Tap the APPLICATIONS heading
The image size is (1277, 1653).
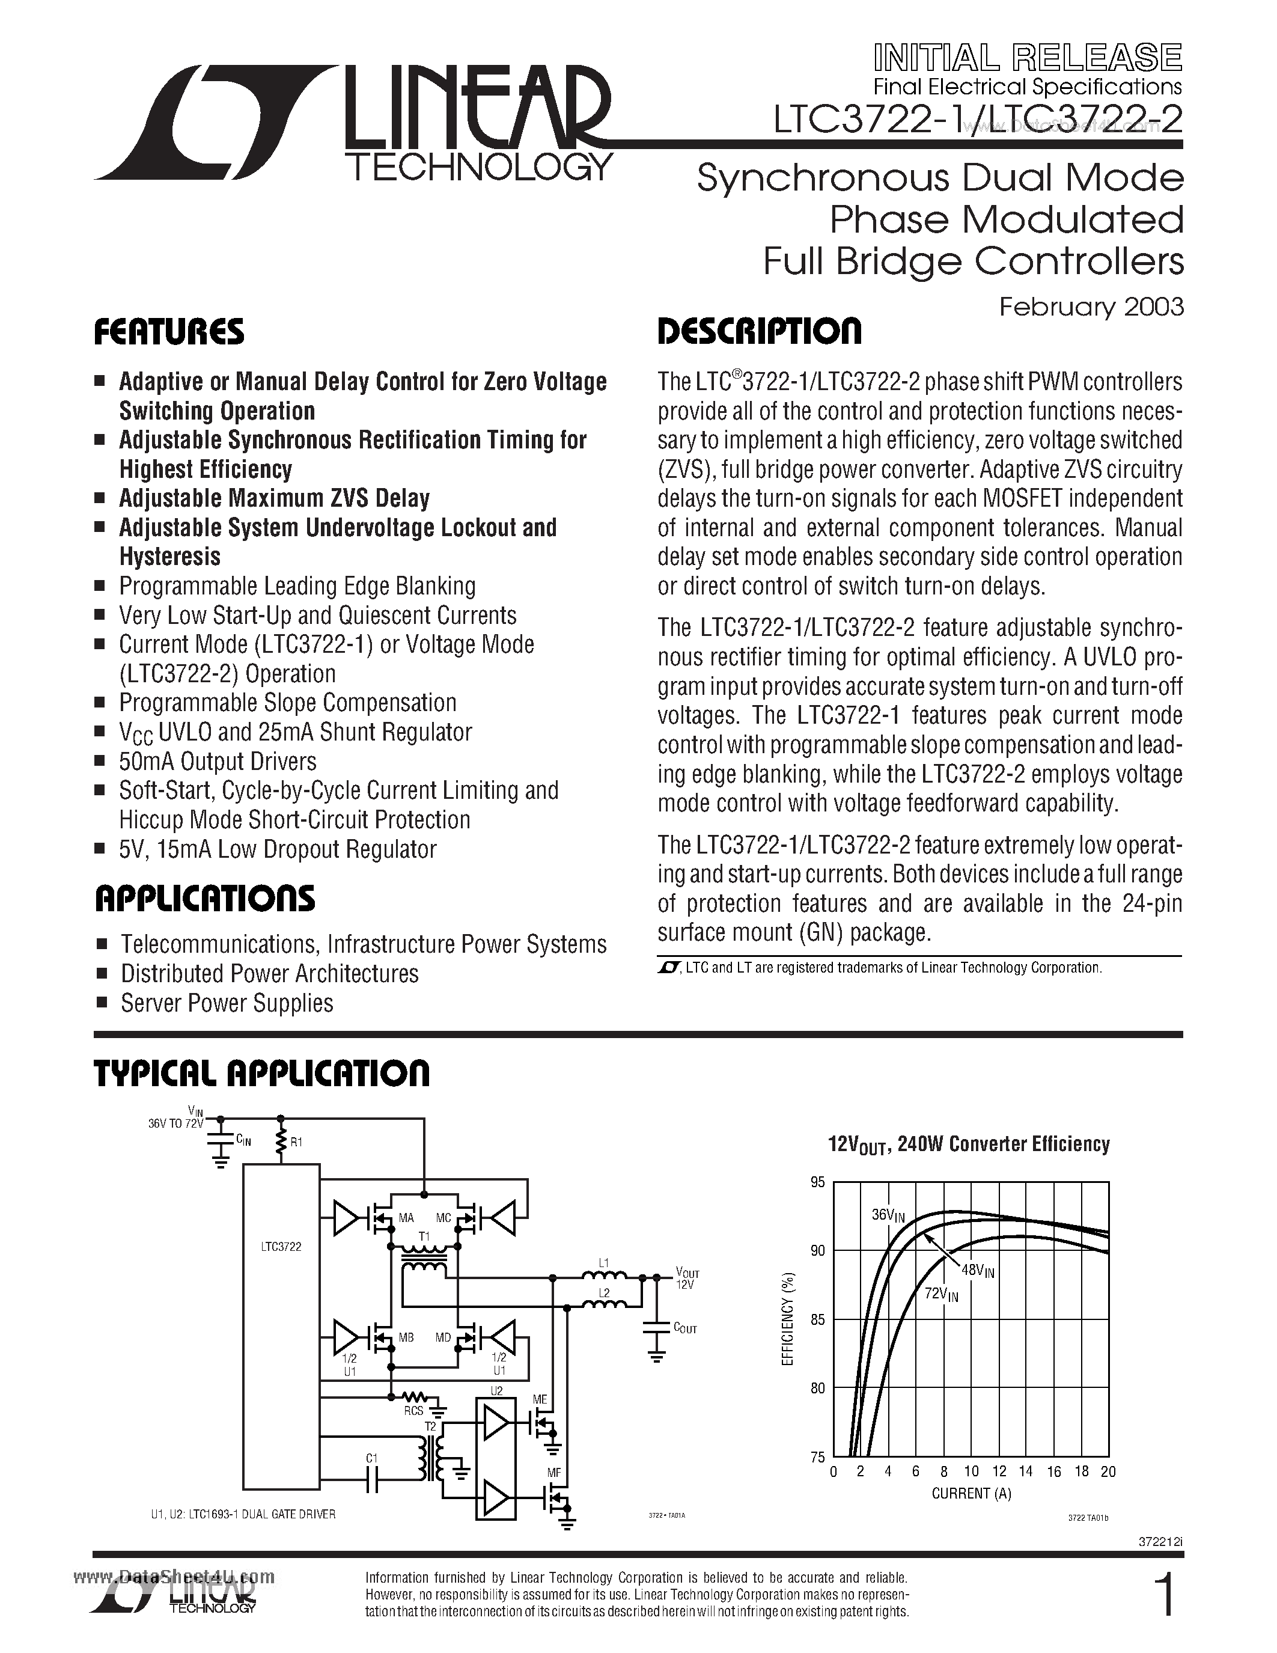[204, 899]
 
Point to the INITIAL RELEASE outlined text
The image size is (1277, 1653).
[1028, 58]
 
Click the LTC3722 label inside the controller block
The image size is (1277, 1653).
[280, 1247]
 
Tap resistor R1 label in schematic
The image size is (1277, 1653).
[296, 1142]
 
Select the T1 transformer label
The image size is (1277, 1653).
[424, 1236]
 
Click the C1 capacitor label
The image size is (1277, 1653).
[371, 1458]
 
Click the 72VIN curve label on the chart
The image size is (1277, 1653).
[941, 1294]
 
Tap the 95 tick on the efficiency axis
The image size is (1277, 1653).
[817, 1182]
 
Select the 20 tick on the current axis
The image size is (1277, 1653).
[1108, 1472]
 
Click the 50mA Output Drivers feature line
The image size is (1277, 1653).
[218, 762]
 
